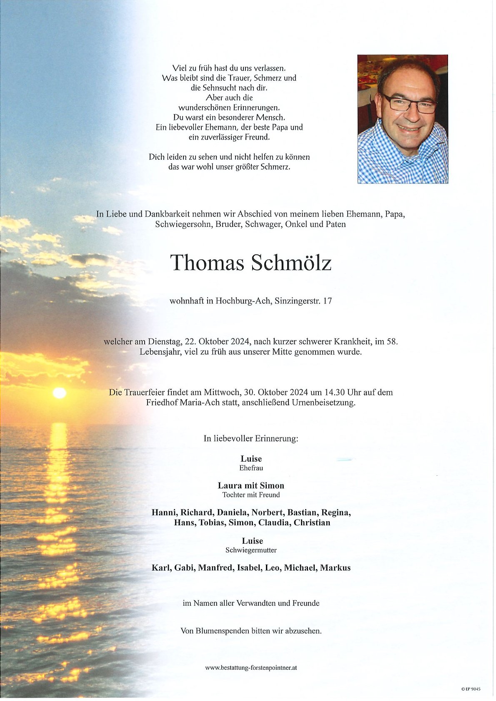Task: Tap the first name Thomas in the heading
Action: coord(207,263)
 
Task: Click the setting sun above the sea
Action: coord(59,393)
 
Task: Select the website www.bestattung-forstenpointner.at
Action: coord(251,667)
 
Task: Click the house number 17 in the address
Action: coord(328,301)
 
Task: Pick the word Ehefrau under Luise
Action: coord(251,468)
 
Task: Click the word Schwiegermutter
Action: coord(251,550)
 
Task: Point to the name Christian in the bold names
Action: coord(312,522)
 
